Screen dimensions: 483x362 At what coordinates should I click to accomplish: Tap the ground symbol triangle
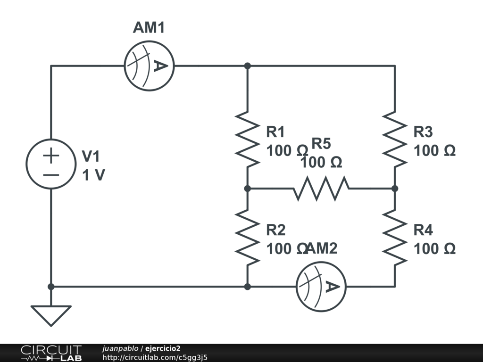tap(51, 315)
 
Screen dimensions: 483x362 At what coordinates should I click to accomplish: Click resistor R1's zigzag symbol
tap(247, 140)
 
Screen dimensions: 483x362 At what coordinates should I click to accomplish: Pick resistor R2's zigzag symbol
tap(247, 238)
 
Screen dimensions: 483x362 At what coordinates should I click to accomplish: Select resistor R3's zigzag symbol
tap(395, 140)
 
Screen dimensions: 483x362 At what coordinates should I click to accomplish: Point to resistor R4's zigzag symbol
tap(395, 238)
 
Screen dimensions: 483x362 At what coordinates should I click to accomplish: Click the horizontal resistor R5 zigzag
tap(321, 189)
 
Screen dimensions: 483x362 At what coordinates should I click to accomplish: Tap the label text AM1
tap(149, 27)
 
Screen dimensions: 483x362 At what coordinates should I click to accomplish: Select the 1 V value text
tap(93, 175)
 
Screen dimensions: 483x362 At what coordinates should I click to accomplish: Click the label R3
tap(423, 132)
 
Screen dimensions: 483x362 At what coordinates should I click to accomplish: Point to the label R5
tap(321, 143)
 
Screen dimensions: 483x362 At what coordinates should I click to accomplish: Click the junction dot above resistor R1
tap(247, 66)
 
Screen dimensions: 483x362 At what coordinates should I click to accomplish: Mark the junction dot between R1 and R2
tap(247, 189)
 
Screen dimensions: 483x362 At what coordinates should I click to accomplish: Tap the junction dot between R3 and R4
tap(395, 189)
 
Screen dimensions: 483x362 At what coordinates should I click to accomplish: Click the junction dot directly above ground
tap(51, 287)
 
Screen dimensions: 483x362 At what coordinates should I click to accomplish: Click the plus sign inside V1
tap(51, 156)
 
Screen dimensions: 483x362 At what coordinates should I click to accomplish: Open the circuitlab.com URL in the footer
tap(155, 357)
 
